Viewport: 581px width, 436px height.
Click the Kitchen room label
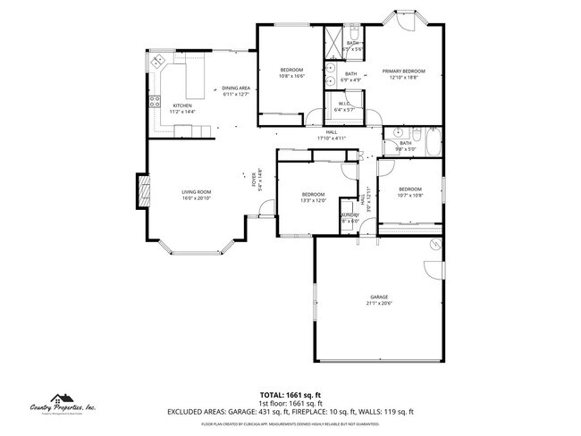click(181, 105)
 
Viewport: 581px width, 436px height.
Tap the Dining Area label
click(236, 88)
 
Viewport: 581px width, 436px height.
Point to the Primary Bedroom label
click(403, 71)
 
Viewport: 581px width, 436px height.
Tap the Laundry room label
click(349, 214)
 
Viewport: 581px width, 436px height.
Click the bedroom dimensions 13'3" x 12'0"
click(313, 200)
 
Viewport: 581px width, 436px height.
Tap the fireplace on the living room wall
click(140, 189)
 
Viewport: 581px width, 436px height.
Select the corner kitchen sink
click(158, 62)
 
